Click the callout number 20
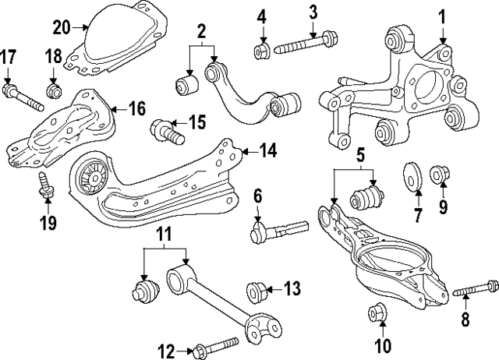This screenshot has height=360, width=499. (x=62, y=27)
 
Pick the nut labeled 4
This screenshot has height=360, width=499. (x=262, y=51)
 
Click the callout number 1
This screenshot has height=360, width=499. (x=441, y=15)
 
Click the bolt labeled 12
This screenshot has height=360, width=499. (x=214, y=345)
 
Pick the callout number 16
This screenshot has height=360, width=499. (x=136, y=108)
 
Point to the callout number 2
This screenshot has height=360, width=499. (x=201, y=32)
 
